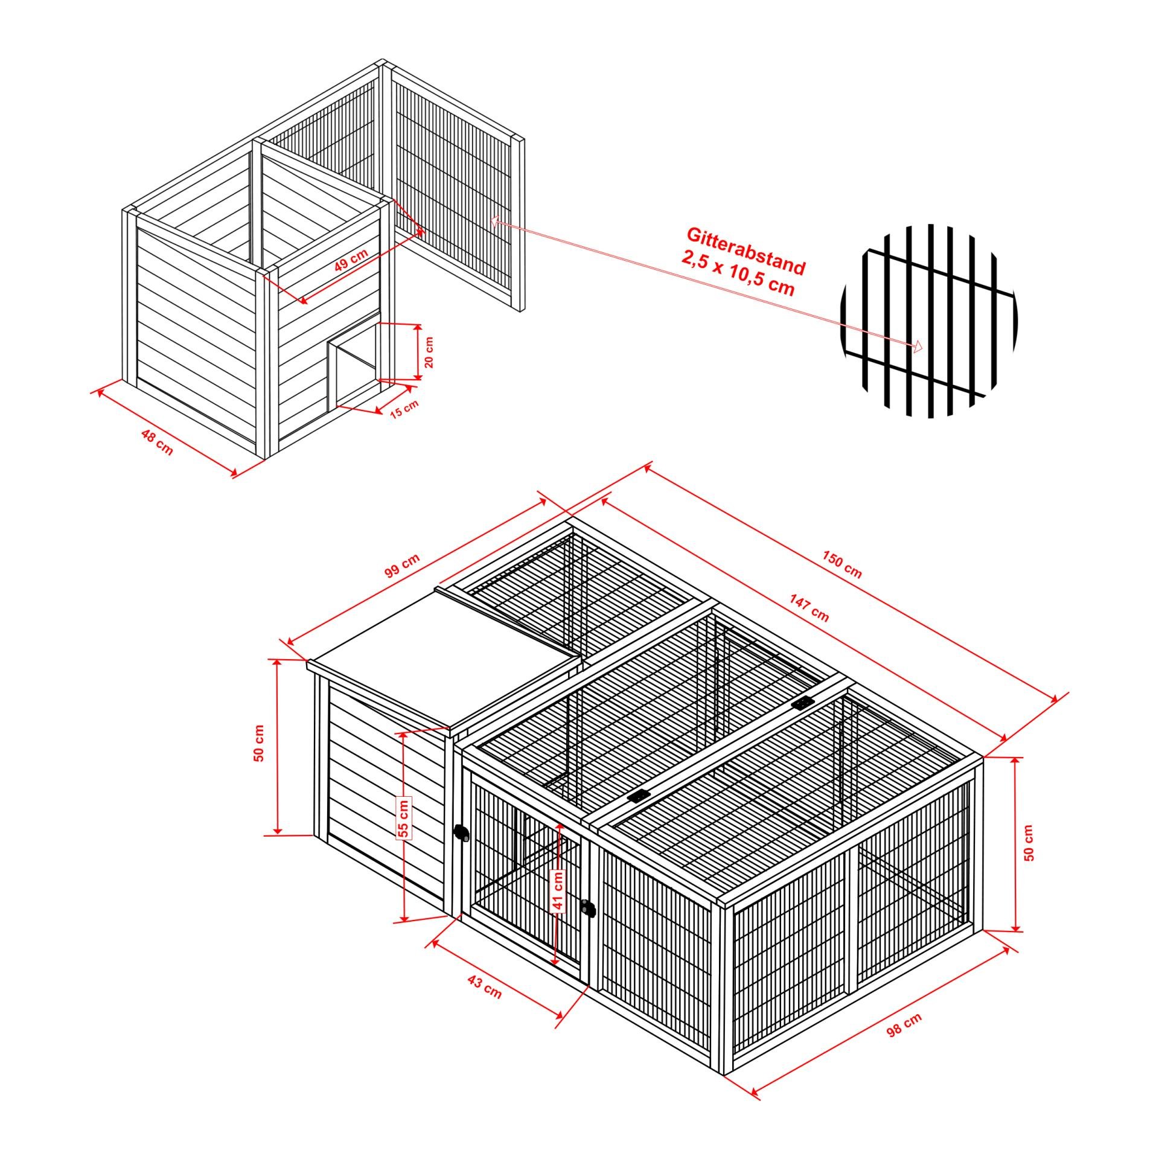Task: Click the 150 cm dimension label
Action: [842, 564]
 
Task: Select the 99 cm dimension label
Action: [402, 566]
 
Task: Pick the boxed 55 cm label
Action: [404, 817]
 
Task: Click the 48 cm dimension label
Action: [157, 442]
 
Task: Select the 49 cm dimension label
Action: [351, 261]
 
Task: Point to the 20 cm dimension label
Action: [429, 353]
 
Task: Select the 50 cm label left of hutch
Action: [259, 743]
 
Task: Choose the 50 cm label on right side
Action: [1029, 842]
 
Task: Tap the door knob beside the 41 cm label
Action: [587, 908]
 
